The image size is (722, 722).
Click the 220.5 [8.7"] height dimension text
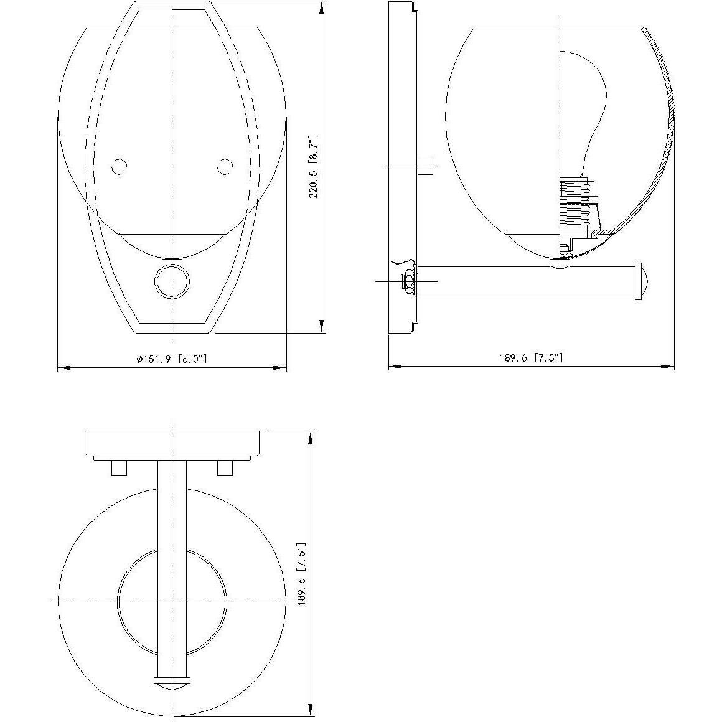tap(314, 166)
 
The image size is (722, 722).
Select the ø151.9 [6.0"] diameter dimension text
tap(171, 359)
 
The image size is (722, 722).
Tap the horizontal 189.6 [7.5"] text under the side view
tap(530, 358)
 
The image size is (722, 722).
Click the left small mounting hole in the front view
tap(119, 167)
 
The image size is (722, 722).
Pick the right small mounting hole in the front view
tap(225, 167)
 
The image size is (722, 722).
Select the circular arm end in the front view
tap(172, 282)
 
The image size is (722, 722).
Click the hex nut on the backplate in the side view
tap(409, 281)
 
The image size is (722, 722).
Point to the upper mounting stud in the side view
tap(426, 167)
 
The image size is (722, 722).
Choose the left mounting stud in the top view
tap(119, 467)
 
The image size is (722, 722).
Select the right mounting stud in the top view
tap(225, 467)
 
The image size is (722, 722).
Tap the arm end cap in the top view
tap(172, 683)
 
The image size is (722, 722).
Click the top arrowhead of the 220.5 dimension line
tap(322, 7)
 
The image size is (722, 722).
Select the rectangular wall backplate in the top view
tap(172, 443)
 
